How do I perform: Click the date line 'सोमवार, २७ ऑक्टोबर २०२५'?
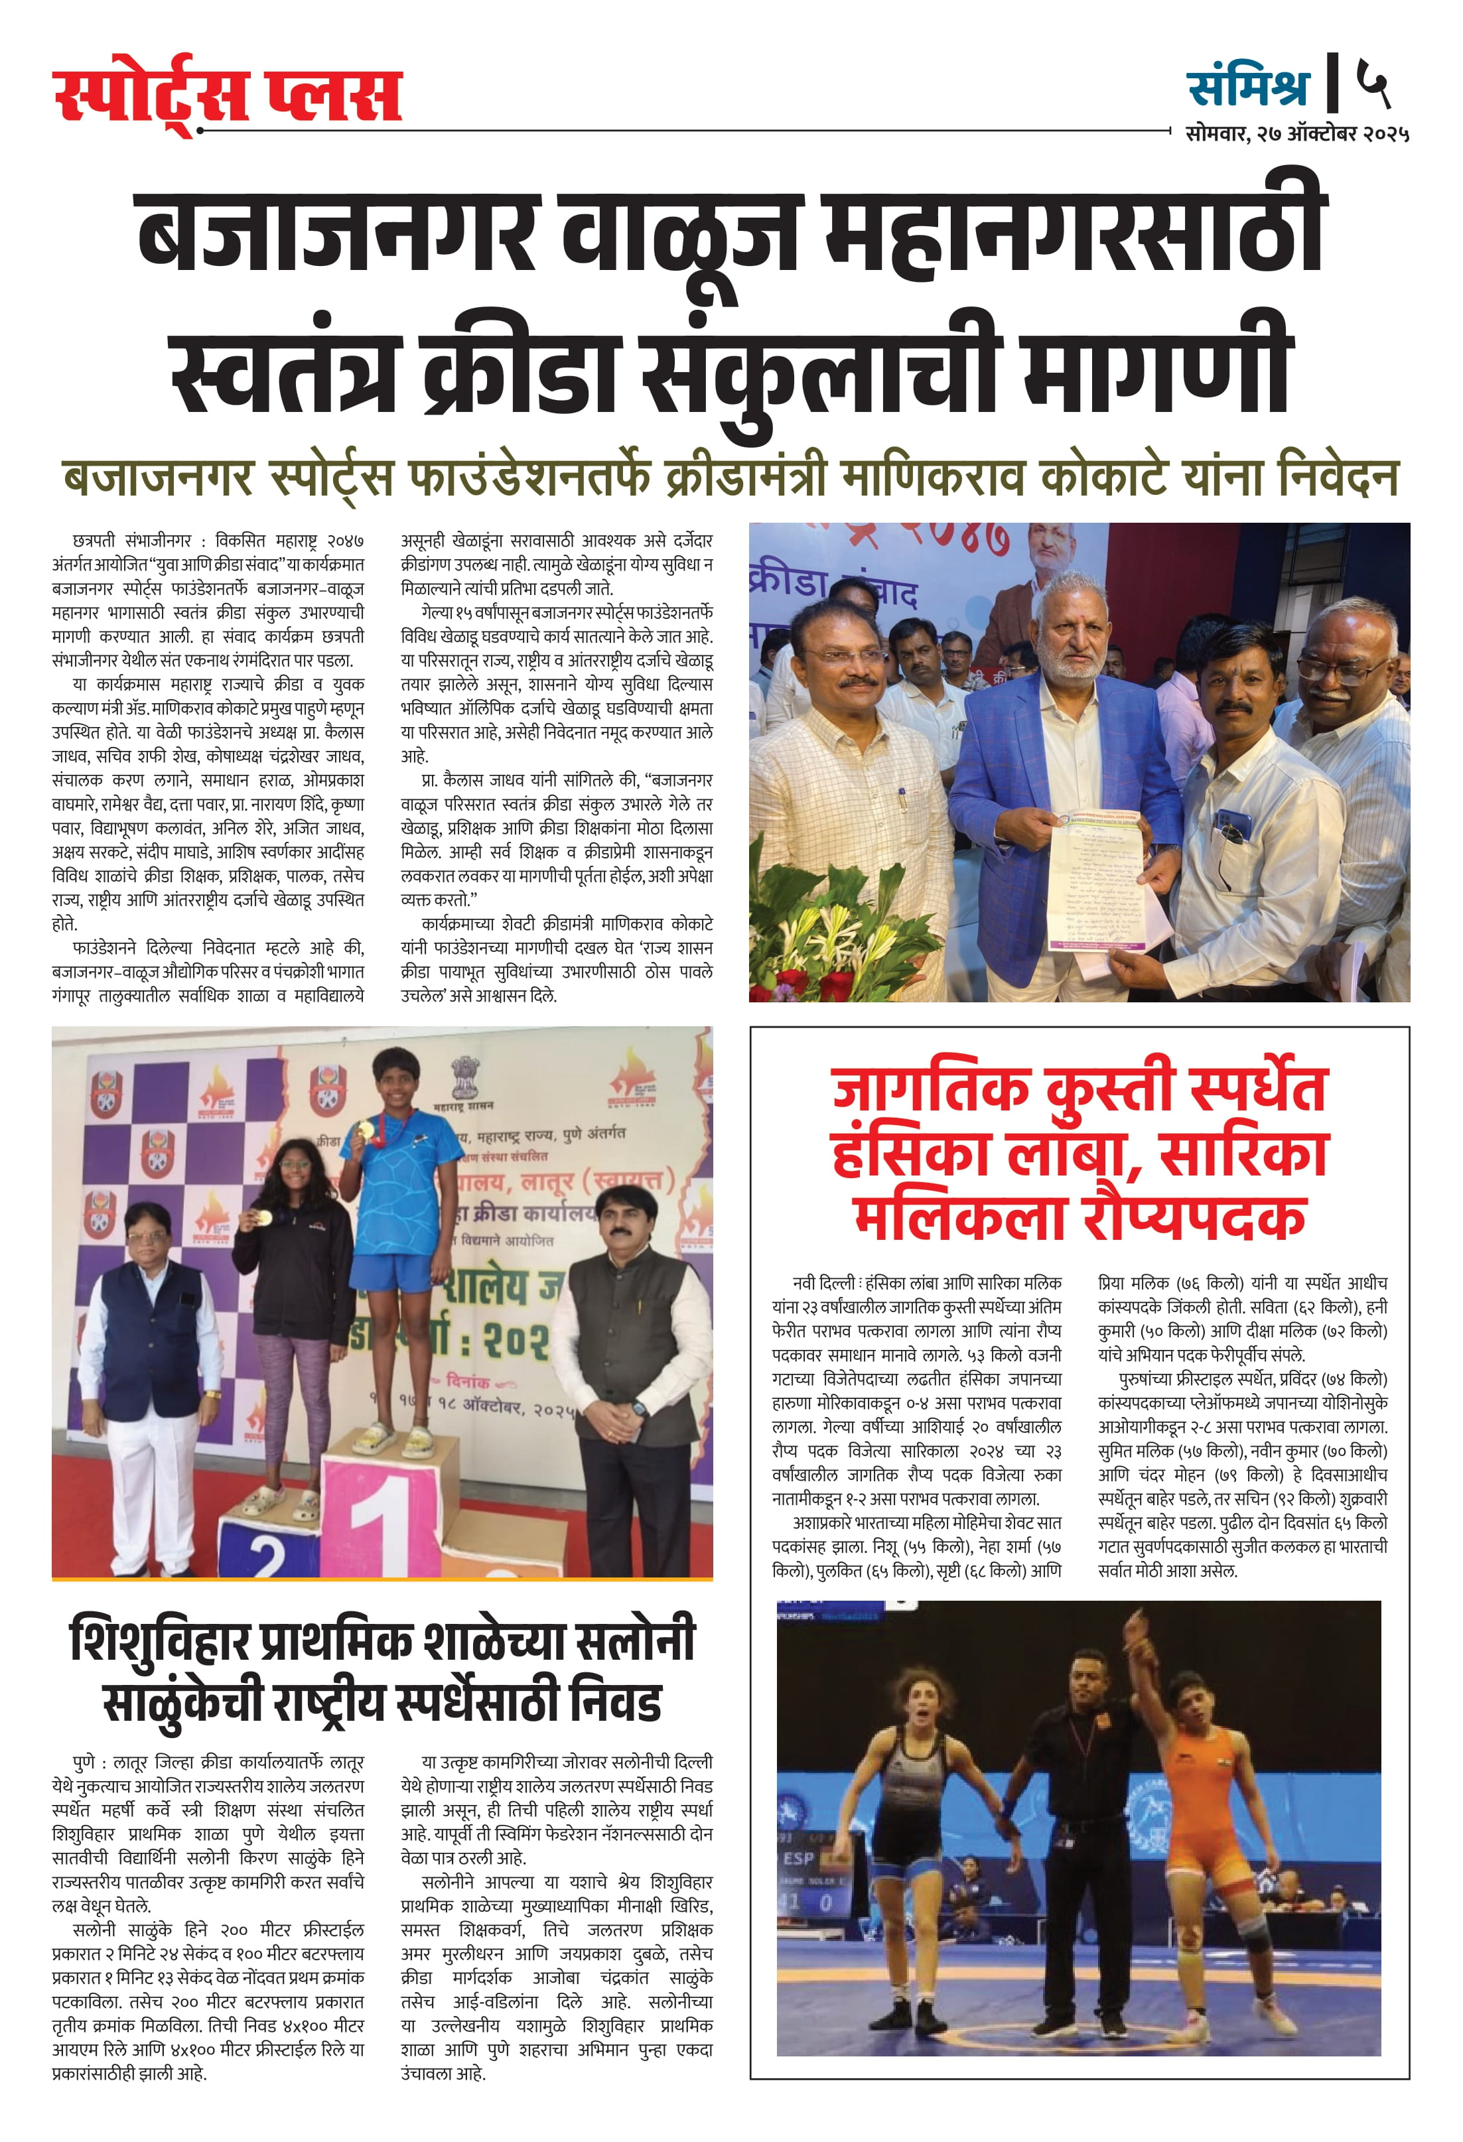[1297, 133]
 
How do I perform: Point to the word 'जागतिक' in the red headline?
[931, 1089]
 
